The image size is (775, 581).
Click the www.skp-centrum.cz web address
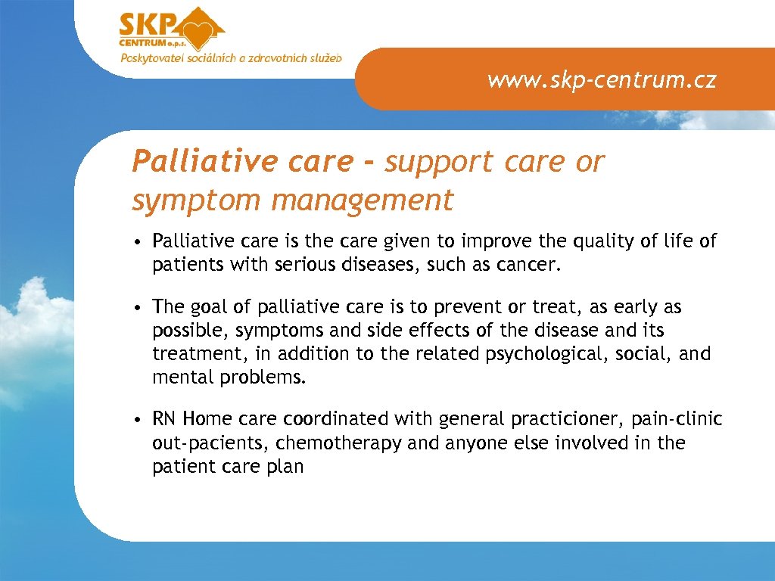(x=602, y=79)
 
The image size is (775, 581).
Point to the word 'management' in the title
(x=363, y=200)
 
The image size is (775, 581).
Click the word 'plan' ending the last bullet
(x=287, y=467)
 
